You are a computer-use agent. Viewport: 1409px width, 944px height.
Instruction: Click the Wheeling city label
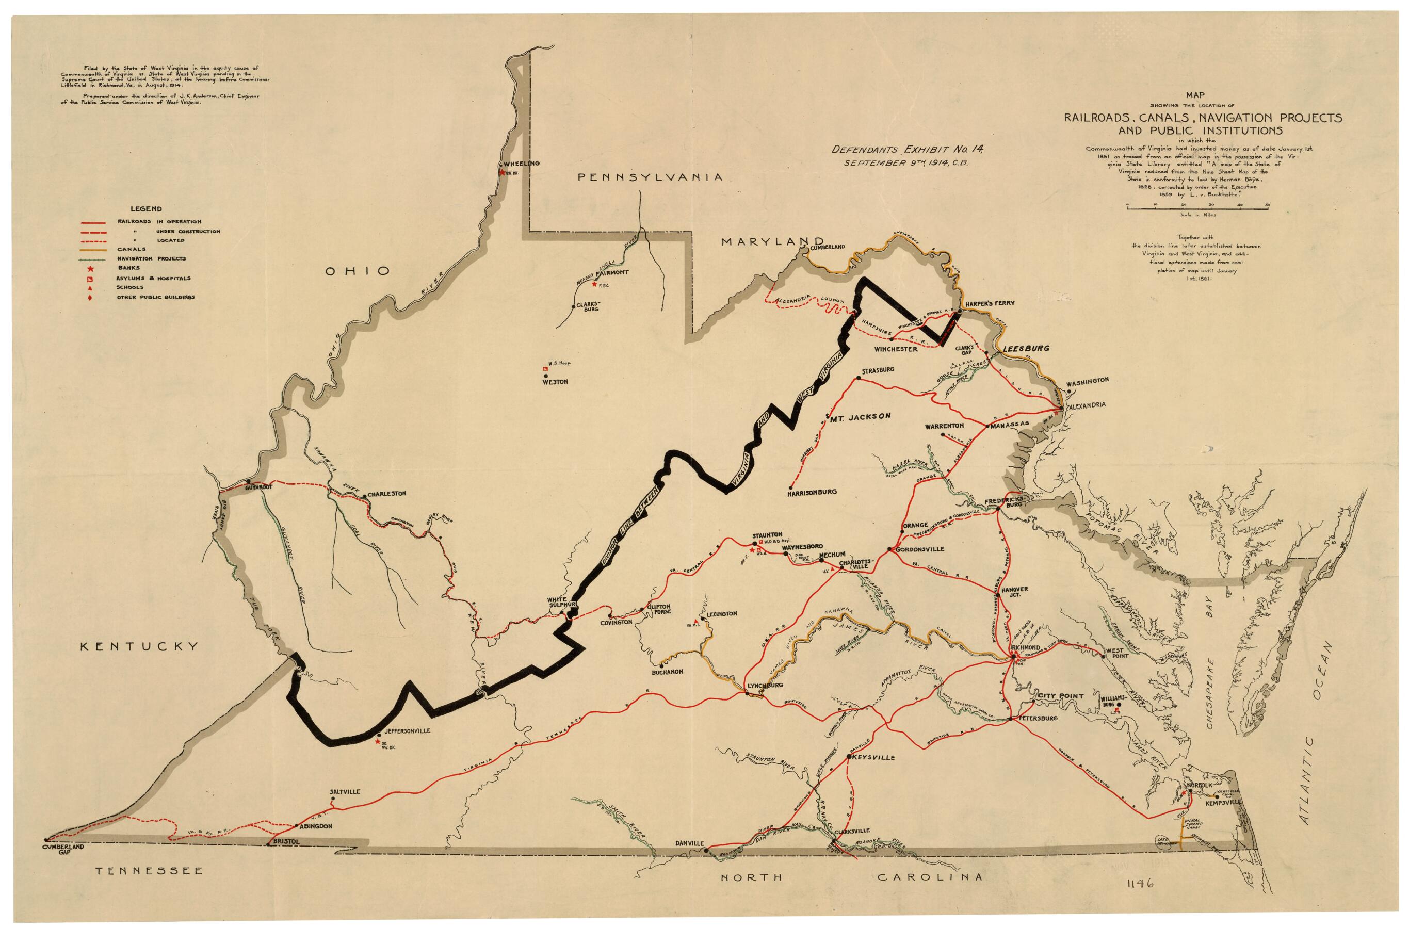click(x=522, y=163)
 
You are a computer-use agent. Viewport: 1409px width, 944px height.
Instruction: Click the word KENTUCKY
click(x=140, y=646)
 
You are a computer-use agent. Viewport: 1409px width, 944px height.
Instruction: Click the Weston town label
click(x=555, y=382)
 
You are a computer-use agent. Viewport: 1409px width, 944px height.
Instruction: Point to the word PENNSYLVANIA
click(x=650, y=177)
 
